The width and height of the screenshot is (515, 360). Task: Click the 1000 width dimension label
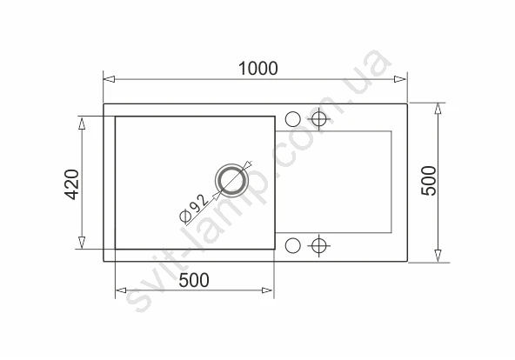click(258, 69)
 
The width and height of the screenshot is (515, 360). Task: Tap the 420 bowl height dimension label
click(71, 184)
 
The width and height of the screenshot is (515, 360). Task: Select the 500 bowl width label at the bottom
click(194, 280)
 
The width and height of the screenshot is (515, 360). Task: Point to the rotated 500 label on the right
click(429, 181)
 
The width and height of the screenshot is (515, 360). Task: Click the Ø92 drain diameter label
click(194, 208)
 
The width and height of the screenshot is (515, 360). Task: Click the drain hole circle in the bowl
click(232, 180)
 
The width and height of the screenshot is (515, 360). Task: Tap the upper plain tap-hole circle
click(292, 119)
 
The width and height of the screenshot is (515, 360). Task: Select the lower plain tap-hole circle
click(292, 245)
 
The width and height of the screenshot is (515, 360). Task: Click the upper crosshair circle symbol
click(319, 119)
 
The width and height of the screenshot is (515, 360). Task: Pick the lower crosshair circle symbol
click(319, 245)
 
